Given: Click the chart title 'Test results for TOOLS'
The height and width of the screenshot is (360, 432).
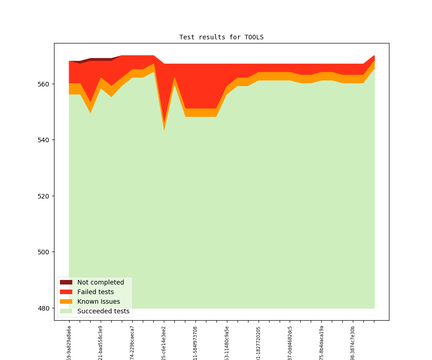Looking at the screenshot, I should click(221, 37).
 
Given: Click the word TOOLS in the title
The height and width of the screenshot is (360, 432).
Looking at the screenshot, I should click(254, 37).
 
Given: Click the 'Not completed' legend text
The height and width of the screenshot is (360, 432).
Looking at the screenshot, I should click(101, 282).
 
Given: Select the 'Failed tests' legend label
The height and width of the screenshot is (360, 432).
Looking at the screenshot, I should click(95, 292).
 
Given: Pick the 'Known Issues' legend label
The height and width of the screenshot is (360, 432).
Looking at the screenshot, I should click(98, 301).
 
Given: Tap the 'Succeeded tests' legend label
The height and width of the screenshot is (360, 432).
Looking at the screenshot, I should click(103, 311).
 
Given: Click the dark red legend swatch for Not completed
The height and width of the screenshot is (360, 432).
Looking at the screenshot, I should click(66, 282).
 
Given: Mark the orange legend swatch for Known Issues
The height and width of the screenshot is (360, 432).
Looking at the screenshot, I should click(66, 301).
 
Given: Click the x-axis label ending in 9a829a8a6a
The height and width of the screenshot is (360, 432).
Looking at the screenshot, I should click(69, 343).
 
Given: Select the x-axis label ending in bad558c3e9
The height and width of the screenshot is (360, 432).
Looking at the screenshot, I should click(101, 343).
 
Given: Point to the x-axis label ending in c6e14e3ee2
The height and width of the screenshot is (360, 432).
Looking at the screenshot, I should click(164, 343).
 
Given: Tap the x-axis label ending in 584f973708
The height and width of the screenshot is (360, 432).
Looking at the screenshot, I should click(195, 343).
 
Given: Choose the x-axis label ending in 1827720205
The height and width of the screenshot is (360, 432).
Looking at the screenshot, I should click(259, 343).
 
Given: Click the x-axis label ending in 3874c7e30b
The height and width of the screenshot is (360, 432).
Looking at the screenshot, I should click(353, 343).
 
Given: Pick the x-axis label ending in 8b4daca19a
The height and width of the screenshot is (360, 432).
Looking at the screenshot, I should click(321, 343).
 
